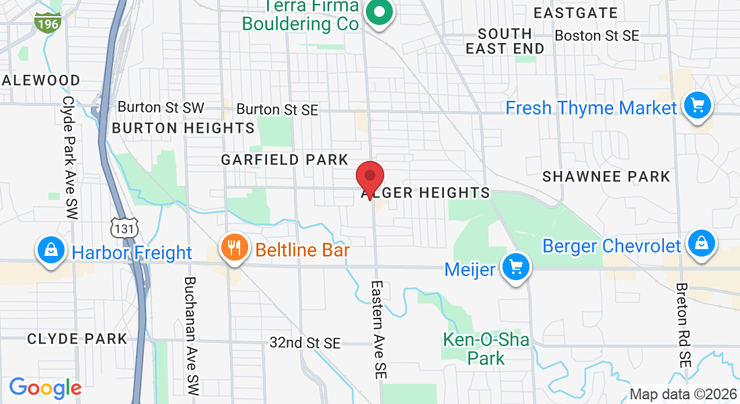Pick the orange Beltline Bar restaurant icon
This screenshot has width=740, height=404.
pos(233,248)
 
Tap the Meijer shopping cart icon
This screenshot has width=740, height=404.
pos(516,268)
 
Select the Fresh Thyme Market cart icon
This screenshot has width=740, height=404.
pos(698,106)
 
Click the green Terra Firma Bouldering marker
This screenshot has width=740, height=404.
pos(379,13)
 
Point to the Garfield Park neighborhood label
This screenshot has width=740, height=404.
pos(285,160)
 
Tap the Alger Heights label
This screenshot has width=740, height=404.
pos(426,193)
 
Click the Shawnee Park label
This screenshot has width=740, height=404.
pos(606,177)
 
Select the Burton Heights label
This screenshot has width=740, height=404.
pos(184,128)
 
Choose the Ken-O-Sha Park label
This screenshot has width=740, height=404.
pos(486,349)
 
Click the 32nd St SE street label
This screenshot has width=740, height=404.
pos(305,343)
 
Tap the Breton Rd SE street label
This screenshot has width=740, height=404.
pos(685,324)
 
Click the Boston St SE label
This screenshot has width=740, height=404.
pos(597,36)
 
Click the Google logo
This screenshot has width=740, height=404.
pos(45,388)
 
